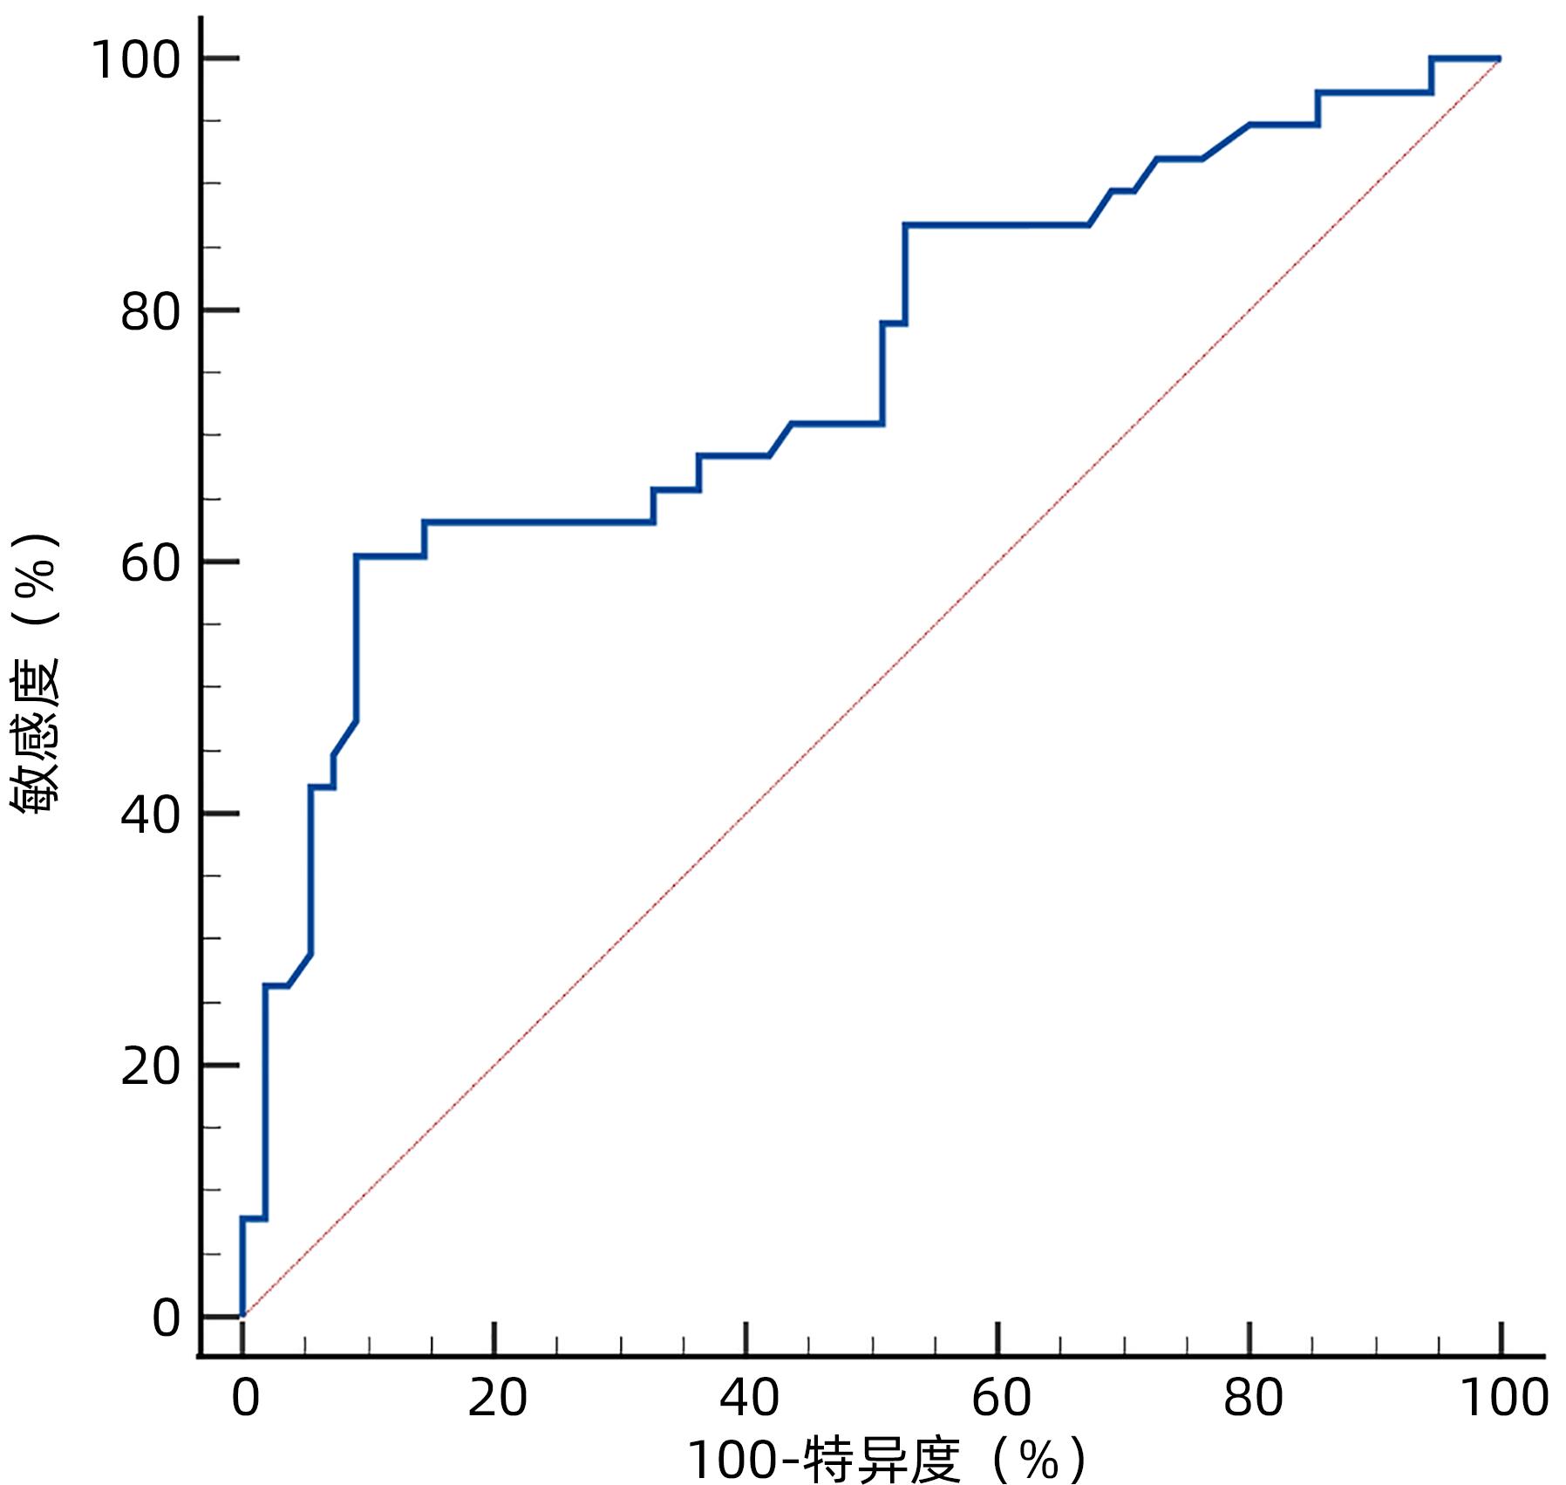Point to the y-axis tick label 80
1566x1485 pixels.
click(x=150, y=311)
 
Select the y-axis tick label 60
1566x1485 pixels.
click(x=150, y=563)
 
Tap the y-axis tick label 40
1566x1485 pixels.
click(x=150, y=815)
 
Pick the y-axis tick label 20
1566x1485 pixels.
click(x=150, y=1066)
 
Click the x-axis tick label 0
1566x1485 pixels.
click(x=245, y=1397)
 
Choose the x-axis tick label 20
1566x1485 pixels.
click(x=497, y=1397)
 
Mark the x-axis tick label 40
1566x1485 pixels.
click(x=748, y=1397)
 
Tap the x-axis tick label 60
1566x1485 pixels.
click(x=1000, y=1397)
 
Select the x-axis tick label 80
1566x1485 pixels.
click(x=1252, y=1397)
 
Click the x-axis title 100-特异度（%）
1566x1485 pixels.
click(x=887, y=1459)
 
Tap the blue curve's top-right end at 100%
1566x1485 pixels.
click(x=1499, y=58)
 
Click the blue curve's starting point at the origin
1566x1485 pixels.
click(x=242, y=1315)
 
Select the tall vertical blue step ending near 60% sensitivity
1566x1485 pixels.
click(x=357, y=637)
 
